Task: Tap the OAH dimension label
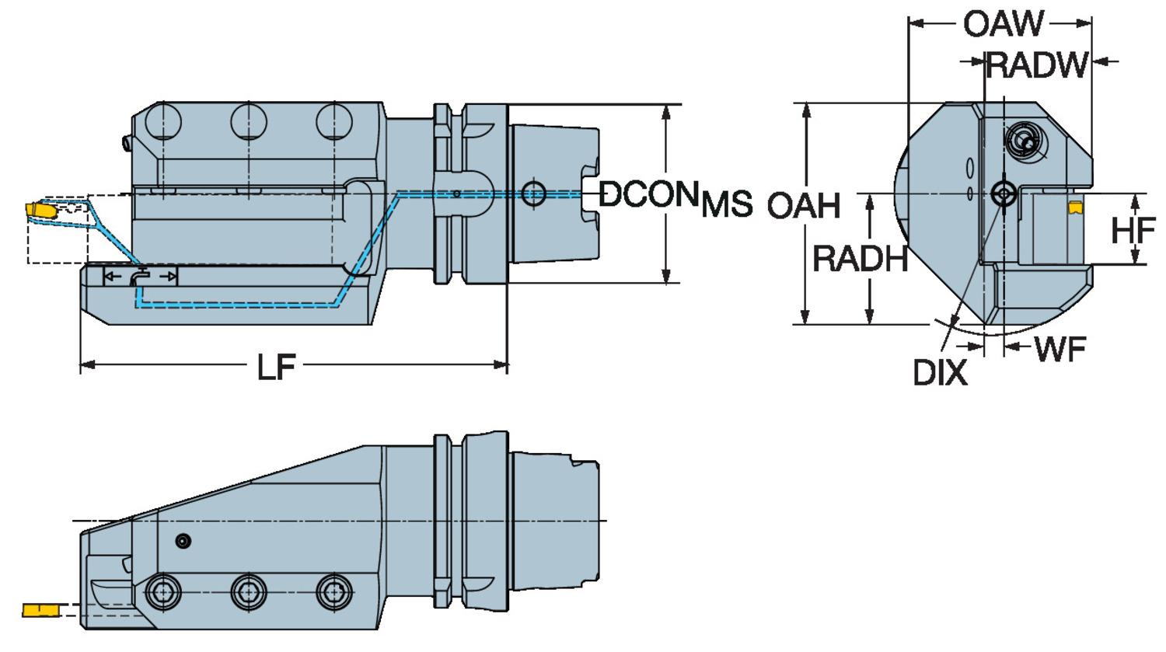[x=804, y=206]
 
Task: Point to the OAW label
[x=1003, y=23]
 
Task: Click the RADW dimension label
[x=1037, y=65]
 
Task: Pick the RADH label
[x=860, y=258]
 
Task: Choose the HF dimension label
[x=1133, y=230]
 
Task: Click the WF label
[x=1060, y=350]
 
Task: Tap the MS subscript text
[x=727, y=204]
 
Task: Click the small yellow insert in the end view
[x=1075, y=207]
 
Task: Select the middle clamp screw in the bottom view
[x=249, y=594]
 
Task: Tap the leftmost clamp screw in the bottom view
[x=163, y=594]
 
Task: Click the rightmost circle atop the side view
[x=334, y=122]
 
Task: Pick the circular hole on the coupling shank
[x=533, y=194]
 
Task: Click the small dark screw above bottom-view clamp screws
[x=183, y=541]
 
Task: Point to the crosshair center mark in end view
[x=1004, y=193]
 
